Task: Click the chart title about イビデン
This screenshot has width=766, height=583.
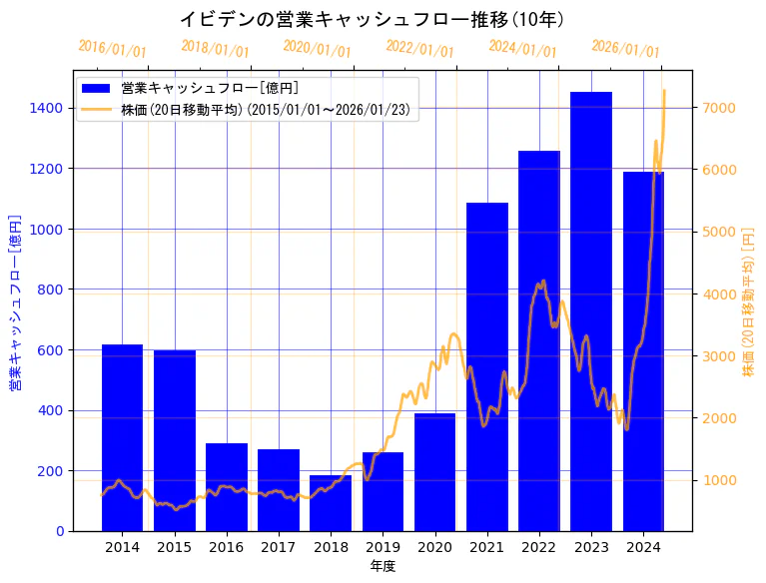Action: [x=372, y=19]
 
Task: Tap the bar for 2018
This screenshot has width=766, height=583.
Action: [x=331, y=503]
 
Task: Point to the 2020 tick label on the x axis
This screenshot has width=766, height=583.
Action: [x=434, y=547]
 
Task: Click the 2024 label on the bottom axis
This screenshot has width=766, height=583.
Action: [x=643, y=547]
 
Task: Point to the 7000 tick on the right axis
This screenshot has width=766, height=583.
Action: [x=720, y=108]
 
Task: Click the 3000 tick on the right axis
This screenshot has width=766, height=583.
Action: [x=720, y=356]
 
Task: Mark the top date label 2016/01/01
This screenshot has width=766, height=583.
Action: [x=112, y=49]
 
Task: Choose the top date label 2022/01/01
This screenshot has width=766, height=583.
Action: [x=419, y=49]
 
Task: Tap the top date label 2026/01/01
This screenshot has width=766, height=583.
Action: [x=625, y=49]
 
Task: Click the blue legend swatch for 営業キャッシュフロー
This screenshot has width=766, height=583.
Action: [x=97, y=89]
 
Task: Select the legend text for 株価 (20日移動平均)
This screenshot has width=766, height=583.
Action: [x=269, y=109]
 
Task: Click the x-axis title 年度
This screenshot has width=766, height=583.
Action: [x=383, y=566]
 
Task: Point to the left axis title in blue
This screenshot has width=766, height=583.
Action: [x=15, y=301]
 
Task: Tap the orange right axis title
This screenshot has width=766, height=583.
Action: [x=749, y=301]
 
